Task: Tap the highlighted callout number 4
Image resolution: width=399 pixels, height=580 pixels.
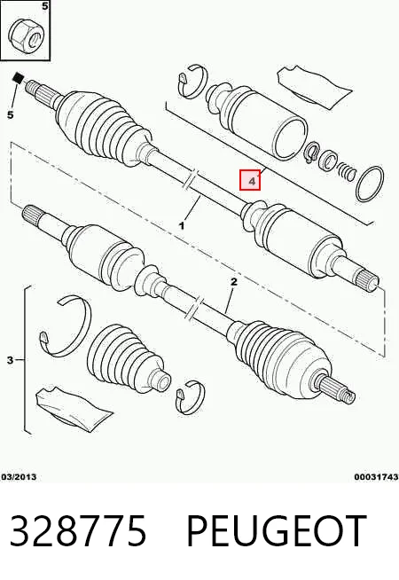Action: tap(250, 180)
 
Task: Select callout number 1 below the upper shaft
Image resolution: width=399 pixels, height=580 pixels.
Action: tap(182, 225)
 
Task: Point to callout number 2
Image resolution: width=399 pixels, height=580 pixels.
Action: tap(234, 282)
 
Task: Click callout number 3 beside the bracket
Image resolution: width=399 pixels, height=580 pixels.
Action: tap(10, 359)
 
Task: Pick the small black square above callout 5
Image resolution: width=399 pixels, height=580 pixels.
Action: tap(18, 78)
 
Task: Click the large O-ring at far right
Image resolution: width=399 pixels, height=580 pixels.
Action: tap(370, 184)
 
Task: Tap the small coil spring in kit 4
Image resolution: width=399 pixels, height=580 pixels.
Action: tap(346, 172)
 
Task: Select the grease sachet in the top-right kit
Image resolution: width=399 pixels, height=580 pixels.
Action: tap(314, 87)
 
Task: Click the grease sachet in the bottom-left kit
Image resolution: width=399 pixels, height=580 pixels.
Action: tap(74, 409)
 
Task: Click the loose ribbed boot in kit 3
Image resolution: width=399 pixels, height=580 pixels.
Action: tap(129, 360)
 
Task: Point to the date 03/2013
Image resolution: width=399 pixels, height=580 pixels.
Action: tap(19, 477)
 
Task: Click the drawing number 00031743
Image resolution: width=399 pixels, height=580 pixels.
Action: tap(376, 477)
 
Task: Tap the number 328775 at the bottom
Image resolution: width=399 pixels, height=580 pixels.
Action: tap(78, 530)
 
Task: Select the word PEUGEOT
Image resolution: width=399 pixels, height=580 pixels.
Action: tap(277, 530)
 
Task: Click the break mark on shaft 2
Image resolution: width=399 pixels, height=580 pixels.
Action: tap(194, 308)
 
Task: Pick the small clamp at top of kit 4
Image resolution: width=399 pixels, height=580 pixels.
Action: tap(192, 82)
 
